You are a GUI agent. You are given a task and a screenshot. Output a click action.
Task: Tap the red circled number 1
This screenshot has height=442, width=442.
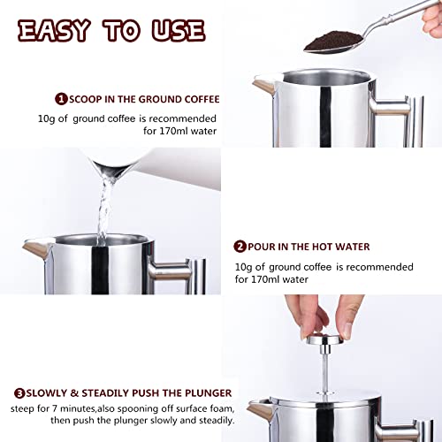coord(61,100)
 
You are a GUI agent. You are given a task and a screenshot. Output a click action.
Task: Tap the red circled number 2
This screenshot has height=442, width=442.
coord(240,247)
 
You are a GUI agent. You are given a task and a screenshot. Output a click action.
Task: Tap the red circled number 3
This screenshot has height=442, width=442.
coord(19,392)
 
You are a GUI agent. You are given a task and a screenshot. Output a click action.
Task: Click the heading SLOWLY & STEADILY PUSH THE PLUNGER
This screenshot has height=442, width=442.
coord(128,392)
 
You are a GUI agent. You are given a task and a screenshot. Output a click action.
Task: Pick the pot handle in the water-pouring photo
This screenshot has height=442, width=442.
coord(181,270)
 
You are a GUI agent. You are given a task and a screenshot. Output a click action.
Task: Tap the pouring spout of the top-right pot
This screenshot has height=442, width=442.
coord(263,85)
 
